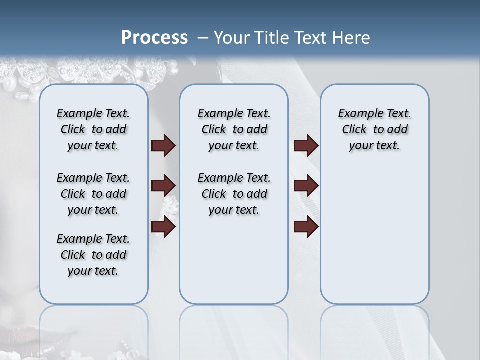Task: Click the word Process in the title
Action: click(x=154, y=38)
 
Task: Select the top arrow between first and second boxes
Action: click(x=163, y=145)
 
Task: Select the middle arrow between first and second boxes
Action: click(x=163, y=186)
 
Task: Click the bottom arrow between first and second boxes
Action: click(x=163, y=227)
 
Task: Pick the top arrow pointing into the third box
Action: click(x=306, y=145)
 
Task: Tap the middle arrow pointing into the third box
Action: click(x=306, y=186)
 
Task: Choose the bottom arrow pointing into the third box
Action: click(x=306, y=227)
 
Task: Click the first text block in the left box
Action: click(x=93, y=129)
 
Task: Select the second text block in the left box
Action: click(x=93, y=194)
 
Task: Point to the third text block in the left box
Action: click(x=93, y=255)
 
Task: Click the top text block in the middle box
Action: click(x=234, y=129)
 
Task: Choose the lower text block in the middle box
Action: click(x=234, y=194)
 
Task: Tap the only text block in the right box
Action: click(x=374, y=129)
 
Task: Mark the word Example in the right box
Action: click(x=356, y=114)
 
